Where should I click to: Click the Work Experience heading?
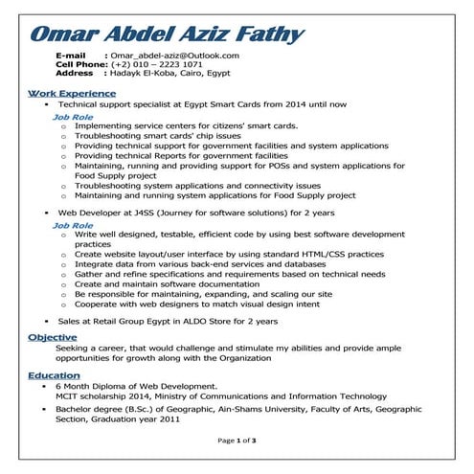pyautogui.click(x=72, y=93)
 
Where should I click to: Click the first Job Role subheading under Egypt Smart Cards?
pyautogui.click(x=73, y=116)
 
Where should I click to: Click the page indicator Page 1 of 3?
pyautogui.click(x=237, y=440)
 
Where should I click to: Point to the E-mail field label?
pyautogui.click(x=72, y=56)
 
